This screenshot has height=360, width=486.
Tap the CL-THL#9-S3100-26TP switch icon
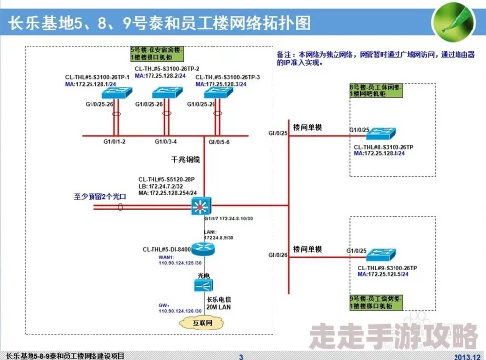pyautogui.click(x=378, y=258)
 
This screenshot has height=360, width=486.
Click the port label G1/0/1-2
pyautogui.click(x=115, y=143)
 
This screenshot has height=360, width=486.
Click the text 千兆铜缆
pyautogui.click(x=184, y=159)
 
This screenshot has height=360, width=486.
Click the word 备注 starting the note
pyautogui.click(x=286, y=53)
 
